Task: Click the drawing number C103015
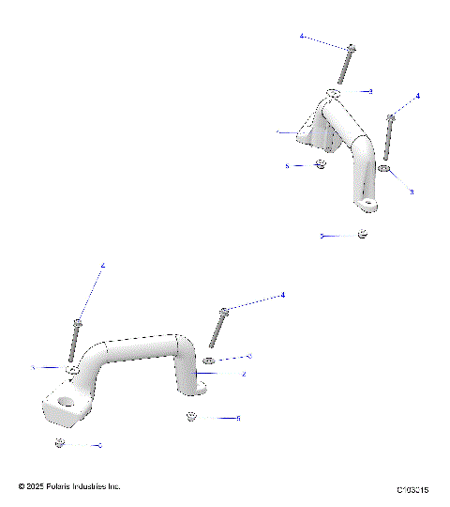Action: [x=412, y=490]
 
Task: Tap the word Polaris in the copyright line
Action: [x=64, y=486]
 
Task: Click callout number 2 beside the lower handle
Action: [x=244, y=374]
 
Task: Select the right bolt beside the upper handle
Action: [x=388, y=136]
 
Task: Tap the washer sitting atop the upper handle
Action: [x=335, y=93]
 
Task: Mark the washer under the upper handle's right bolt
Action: [x=385, y=170]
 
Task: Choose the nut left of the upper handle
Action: [x=320, y=165]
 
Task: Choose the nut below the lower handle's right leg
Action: [x=191, y=416]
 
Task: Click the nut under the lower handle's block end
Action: [x=59, y=442]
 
